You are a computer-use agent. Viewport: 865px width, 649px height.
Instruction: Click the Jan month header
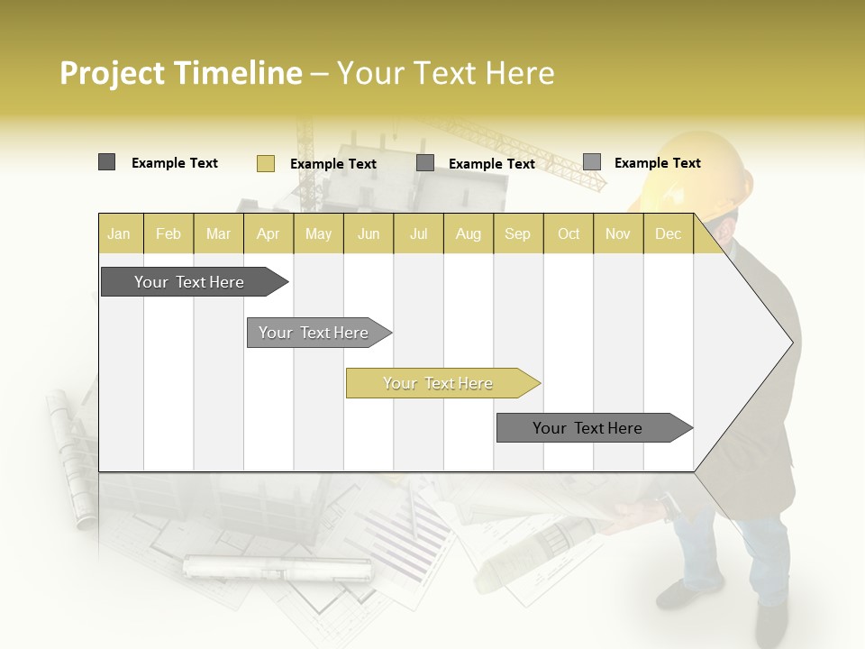(x=120, y=233)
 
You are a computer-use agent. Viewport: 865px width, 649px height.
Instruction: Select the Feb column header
(x=168, y=233)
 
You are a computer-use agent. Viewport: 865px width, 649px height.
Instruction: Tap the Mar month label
(x=218, y=233)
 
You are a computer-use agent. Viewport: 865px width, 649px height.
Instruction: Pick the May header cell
(x=318, y=233)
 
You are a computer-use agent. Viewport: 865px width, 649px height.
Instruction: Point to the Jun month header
(x=369, y=233)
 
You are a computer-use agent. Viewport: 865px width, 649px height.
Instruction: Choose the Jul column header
(x=418, y=233)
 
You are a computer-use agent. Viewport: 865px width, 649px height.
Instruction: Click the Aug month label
(x=468, y=233)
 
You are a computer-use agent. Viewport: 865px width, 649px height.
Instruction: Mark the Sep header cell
(x=517, y=233)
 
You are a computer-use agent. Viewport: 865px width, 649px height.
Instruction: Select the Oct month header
(x=569, y=233)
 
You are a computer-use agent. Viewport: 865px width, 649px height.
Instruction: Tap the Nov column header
(x=618, y=233)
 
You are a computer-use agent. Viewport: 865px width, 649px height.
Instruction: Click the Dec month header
(x=668, y=233)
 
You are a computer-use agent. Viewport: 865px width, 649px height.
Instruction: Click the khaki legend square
(x=265, y=163)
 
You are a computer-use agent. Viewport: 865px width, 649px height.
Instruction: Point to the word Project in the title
(x=113, y=73)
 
